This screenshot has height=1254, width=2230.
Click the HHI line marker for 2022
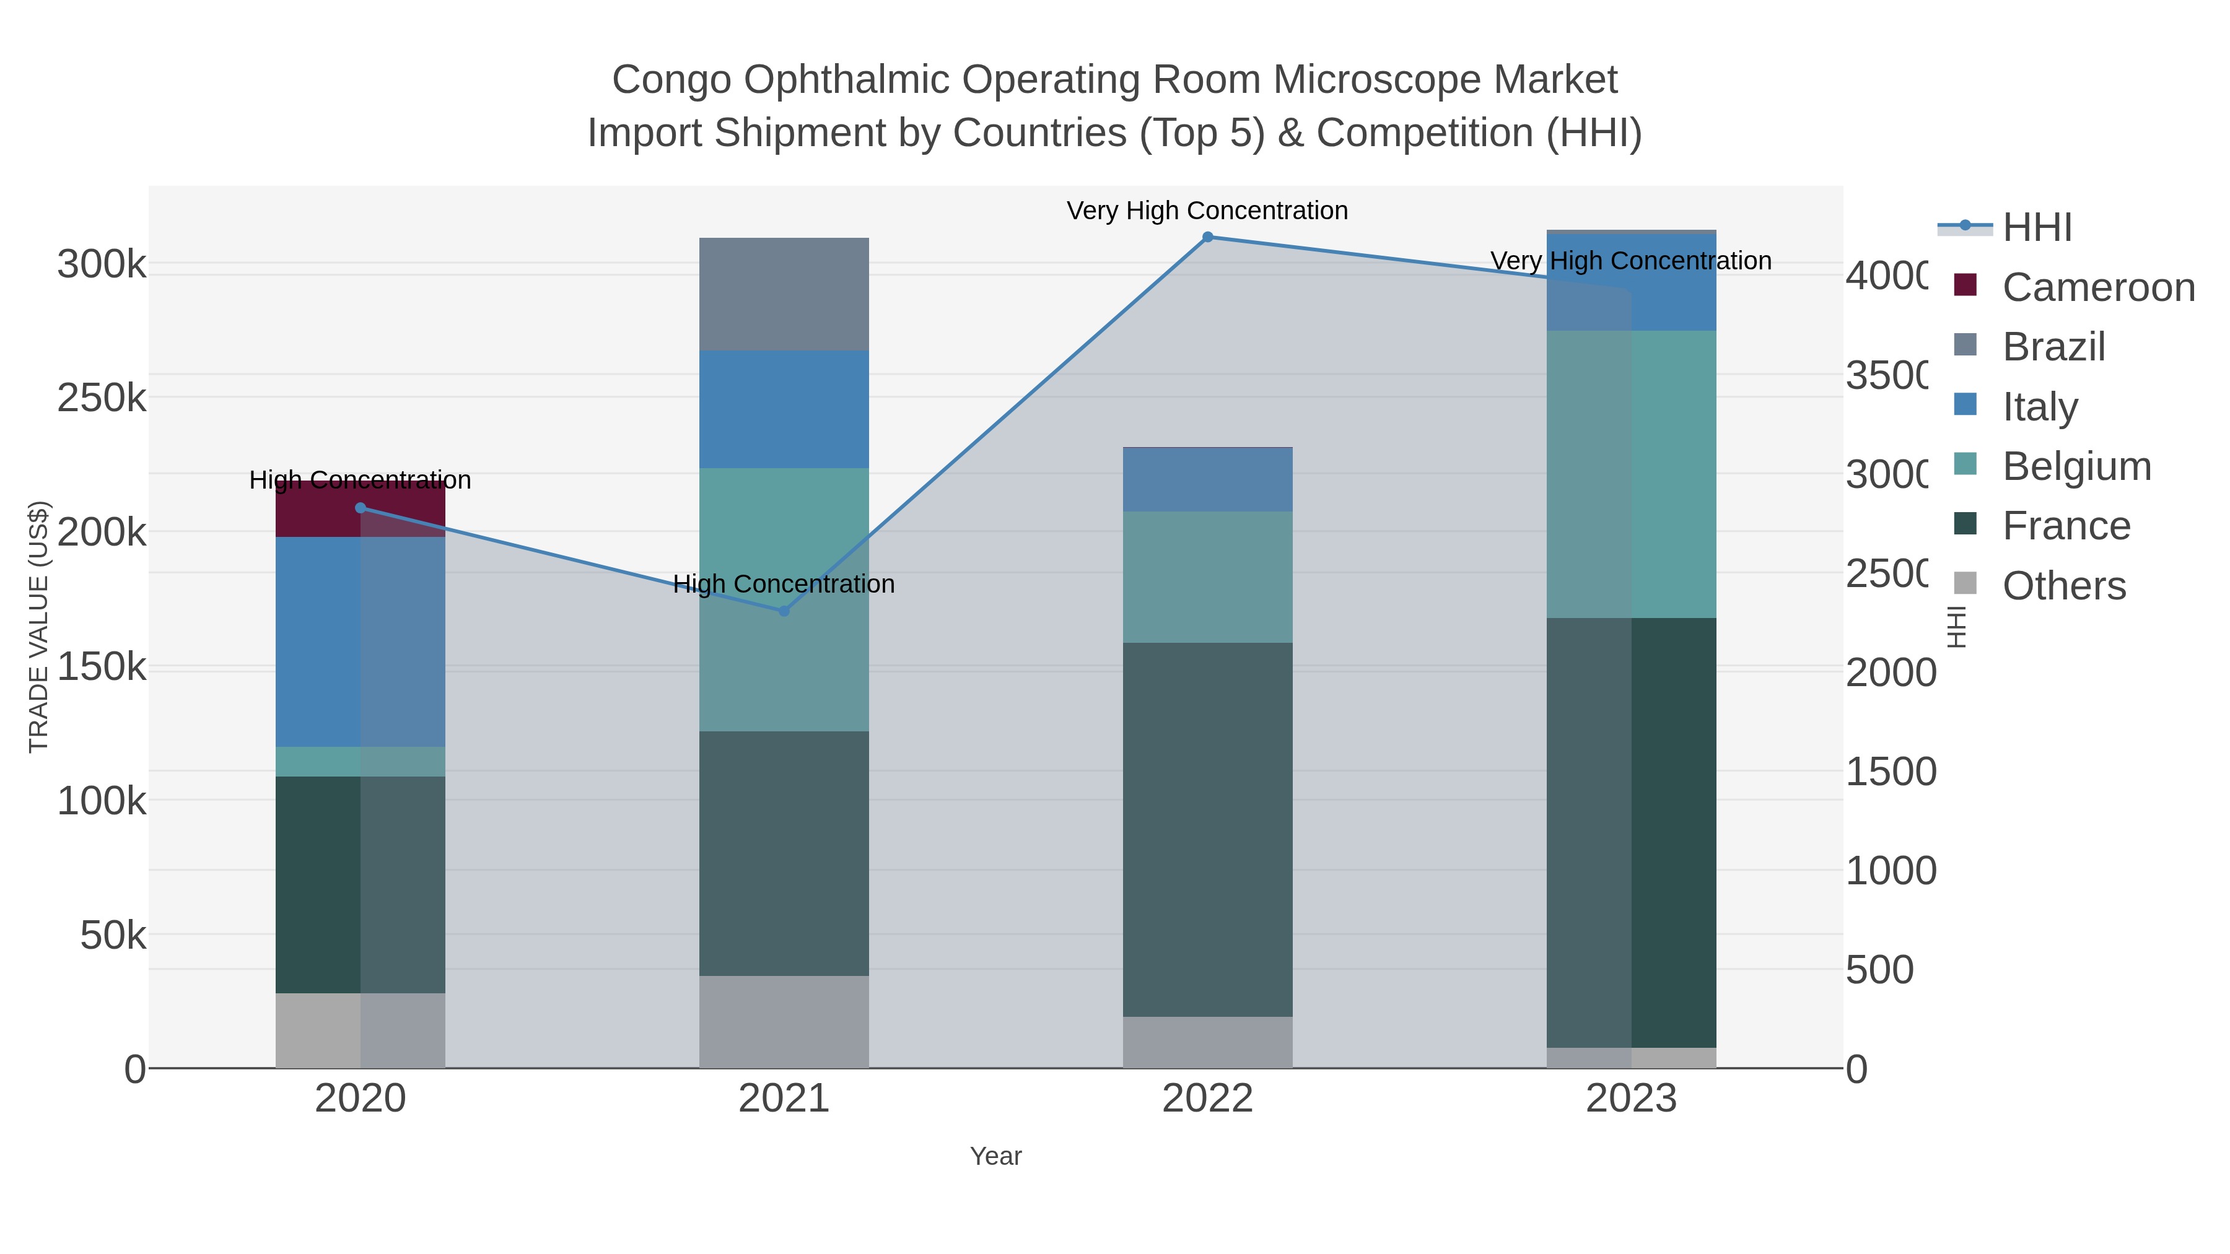point(1208,237)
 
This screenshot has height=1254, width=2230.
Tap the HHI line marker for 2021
point(784,611)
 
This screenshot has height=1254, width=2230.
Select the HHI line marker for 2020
point(361,508)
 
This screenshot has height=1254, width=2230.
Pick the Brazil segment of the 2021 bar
point(784,294)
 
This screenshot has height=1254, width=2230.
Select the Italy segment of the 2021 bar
point(784,409)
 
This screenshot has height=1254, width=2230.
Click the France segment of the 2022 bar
point(1208,829)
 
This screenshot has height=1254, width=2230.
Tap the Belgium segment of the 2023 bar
point(1631,474)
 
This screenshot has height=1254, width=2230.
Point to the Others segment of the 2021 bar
point(784,1021)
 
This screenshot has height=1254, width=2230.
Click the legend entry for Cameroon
point(2099,287)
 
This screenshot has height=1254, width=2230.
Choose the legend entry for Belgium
point(2076,466)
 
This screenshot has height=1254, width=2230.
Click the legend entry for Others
point(2064,586)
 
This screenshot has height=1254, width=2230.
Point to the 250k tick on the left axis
point(102,399)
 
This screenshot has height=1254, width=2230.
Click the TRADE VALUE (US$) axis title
point(39,627)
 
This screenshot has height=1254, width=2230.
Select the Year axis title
point(995,1156)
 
